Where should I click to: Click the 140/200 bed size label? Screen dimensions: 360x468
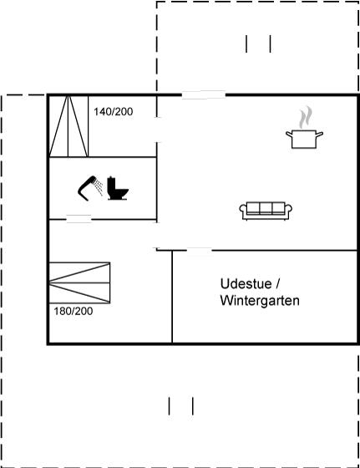pos(114,112)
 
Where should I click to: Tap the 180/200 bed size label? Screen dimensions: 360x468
pos(73,311)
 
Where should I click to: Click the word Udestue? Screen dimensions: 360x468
pos(246,283)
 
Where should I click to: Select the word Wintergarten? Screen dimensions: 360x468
pos(260,300)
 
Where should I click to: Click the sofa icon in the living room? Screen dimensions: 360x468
pos(266,211)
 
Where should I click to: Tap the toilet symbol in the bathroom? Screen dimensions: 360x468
pos(118,188)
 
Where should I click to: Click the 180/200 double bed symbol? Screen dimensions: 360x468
pos(79,282)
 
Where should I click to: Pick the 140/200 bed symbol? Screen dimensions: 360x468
pos(68,125)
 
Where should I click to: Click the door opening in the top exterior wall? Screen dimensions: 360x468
pos(204,95)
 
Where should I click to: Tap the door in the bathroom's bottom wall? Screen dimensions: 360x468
pos(79,219)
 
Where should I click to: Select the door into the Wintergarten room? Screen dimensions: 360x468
pos(200,251)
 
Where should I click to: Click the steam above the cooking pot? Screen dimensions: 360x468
pos(306,117)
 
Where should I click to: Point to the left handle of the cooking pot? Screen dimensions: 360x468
pos(289,135)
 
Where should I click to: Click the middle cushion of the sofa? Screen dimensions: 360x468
pos(266,208)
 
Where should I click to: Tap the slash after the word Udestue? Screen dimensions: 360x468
pos(277,283)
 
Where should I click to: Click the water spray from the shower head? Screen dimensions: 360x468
pos(98,187)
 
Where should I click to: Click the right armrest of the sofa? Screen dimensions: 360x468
pos(288,210)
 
